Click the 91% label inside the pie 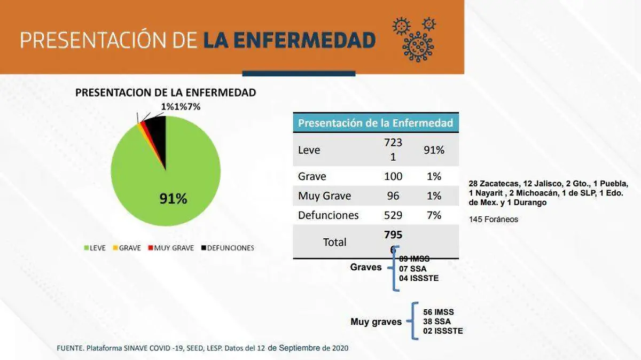(x=173, y=199)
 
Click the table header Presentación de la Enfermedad (x=376, y=123)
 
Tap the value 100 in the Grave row (x=393, y=176)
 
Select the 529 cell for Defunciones (x=393, y=215)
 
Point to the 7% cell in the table (x=434, y=215)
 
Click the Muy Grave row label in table (x=324, y=196)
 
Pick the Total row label (x=334, y=242)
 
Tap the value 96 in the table (x=393, y=196)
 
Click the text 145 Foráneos (x=493, y=219)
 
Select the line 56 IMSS (x=438, y=312)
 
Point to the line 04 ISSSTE (x=419, y=278)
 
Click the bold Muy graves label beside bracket (x=376, y=322)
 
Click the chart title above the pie (x=166, y=92)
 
